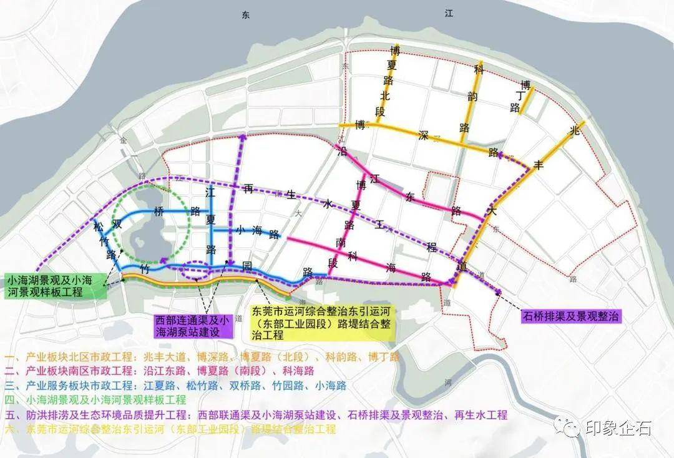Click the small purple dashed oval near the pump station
click(194, 269)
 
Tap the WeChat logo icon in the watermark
click(570, 429)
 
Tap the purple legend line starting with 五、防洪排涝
click(256, 415)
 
